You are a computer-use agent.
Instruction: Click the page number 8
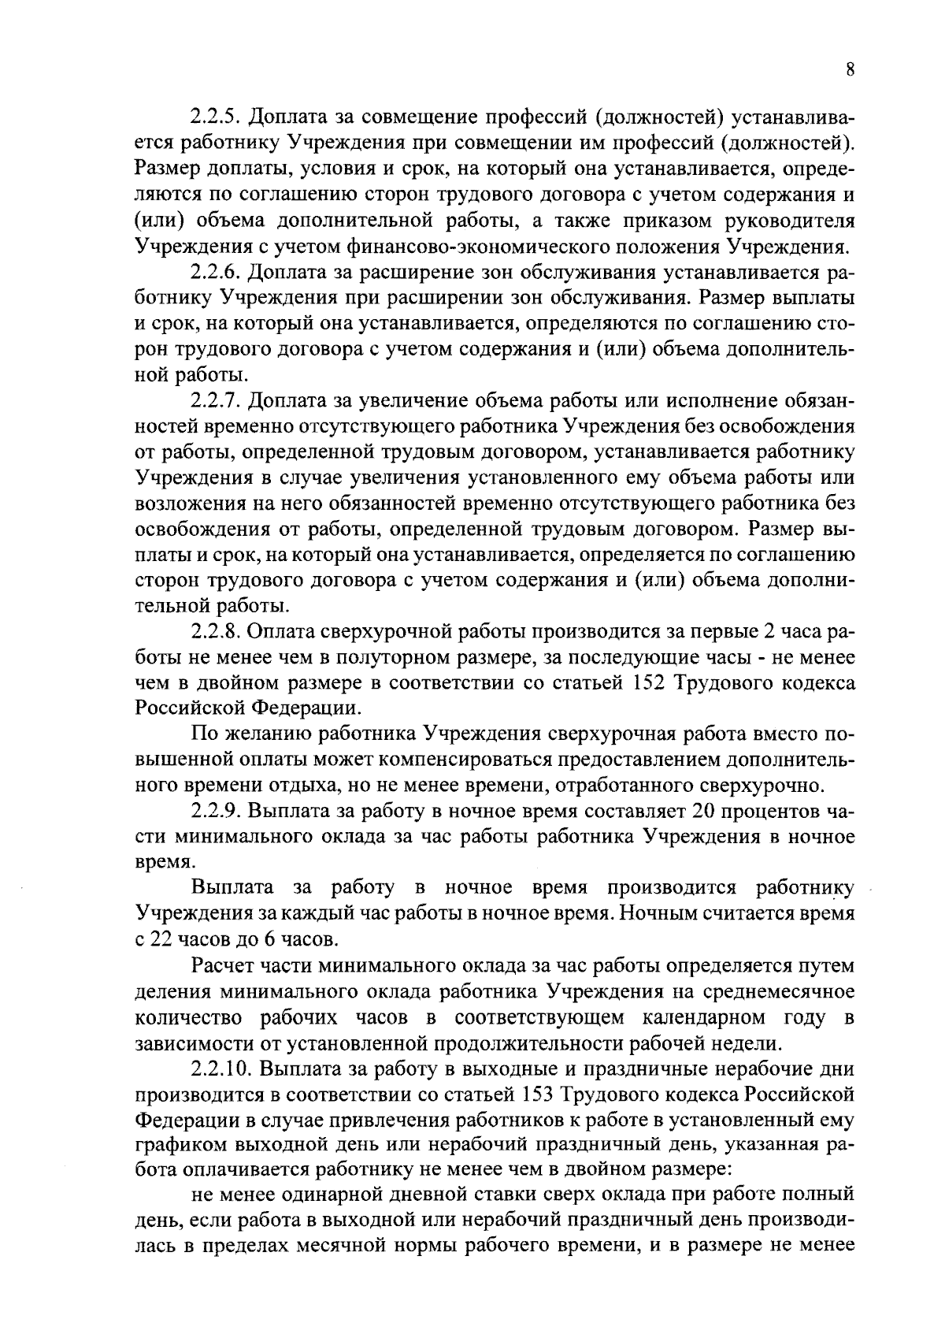850,69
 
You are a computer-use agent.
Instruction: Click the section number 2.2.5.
217,118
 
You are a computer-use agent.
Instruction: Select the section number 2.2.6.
217,273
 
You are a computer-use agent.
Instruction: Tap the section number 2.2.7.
217,401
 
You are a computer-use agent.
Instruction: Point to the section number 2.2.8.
217,632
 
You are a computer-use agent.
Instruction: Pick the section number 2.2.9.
217,812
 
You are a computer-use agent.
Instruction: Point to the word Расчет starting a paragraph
224,966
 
